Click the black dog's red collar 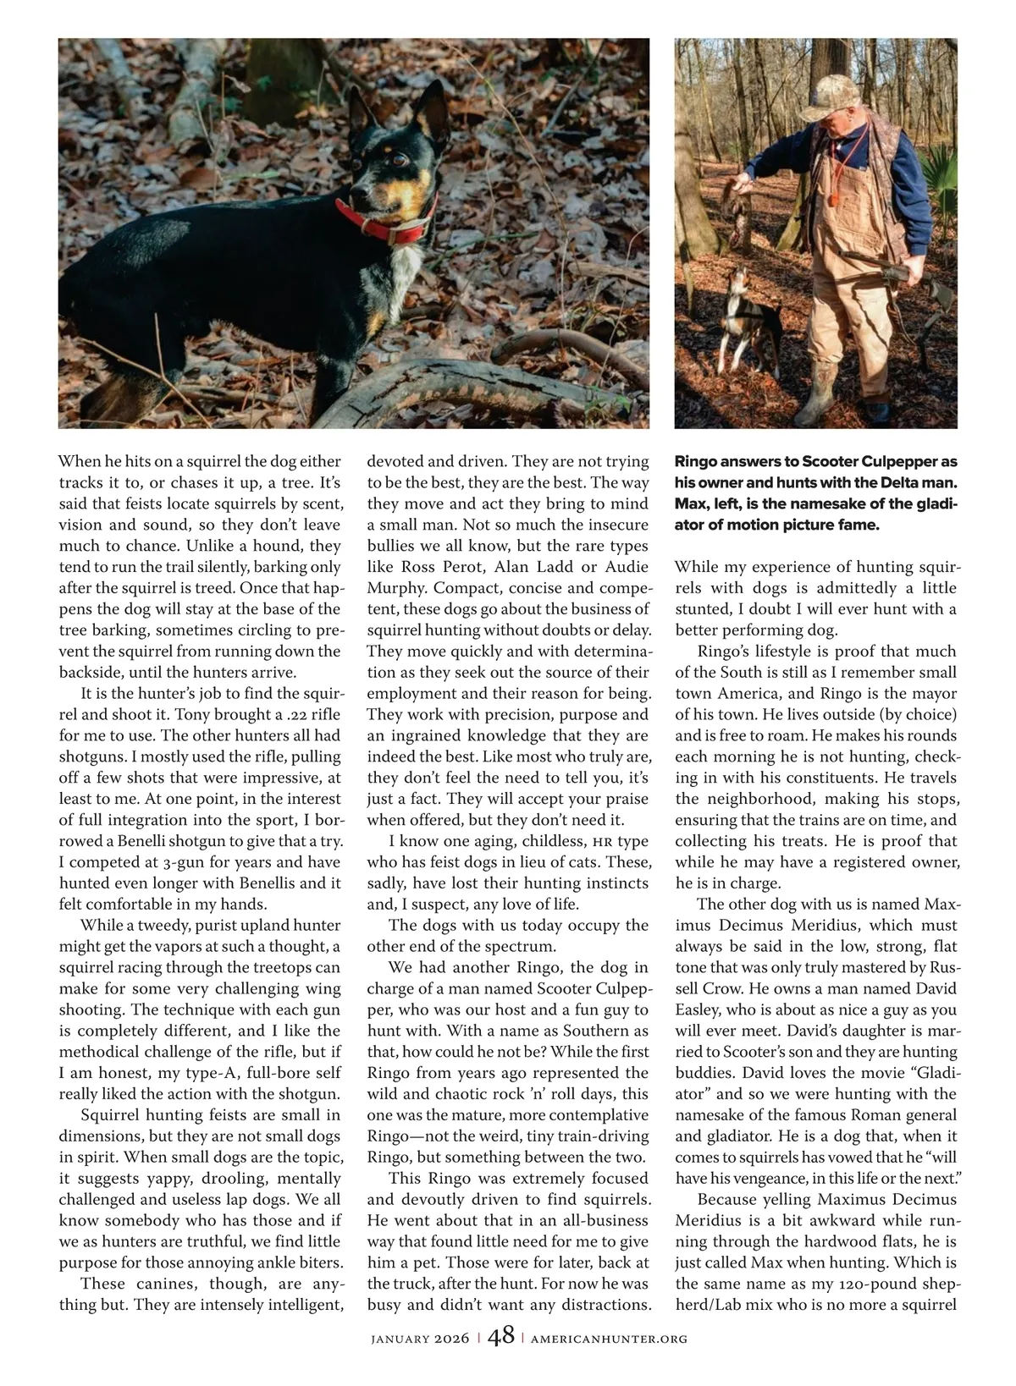pos(385,222)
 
